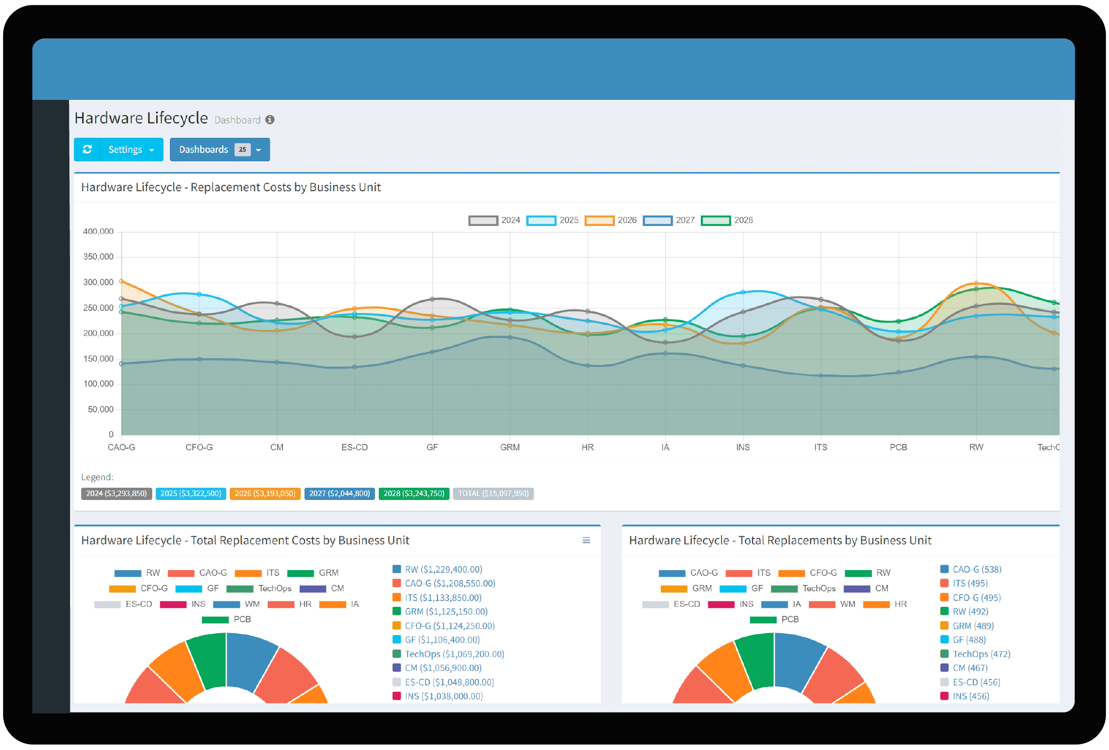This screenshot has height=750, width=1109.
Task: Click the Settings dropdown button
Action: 131,150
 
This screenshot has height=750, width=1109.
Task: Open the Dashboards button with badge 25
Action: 220,150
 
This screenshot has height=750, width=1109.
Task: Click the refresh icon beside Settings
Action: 87,150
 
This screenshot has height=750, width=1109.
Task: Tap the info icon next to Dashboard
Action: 270,120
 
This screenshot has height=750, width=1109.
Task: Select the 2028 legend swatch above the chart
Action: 715,220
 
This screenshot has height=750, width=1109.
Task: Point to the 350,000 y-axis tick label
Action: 98,257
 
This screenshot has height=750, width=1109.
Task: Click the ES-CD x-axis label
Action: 354,447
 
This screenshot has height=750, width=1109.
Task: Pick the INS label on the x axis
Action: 743,447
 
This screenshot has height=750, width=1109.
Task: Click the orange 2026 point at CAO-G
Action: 122,281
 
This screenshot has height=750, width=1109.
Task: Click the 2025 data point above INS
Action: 743,292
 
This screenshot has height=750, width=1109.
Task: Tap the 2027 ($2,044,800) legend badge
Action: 339,494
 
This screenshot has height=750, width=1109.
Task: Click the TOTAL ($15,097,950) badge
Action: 493,494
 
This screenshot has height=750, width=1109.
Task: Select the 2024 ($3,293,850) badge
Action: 116,494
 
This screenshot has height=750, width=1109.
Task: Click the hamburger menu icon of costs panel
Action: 586,541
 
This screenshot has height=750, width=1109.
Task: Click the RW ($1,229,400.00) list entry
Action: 443,569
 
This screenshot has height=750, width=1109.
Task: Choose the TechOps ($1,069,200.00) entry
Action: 454,654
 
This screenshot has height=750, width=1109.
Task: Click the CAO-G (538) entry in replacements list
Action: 977,569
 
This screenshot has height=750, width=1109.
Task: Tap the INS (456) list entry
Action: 971,696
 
